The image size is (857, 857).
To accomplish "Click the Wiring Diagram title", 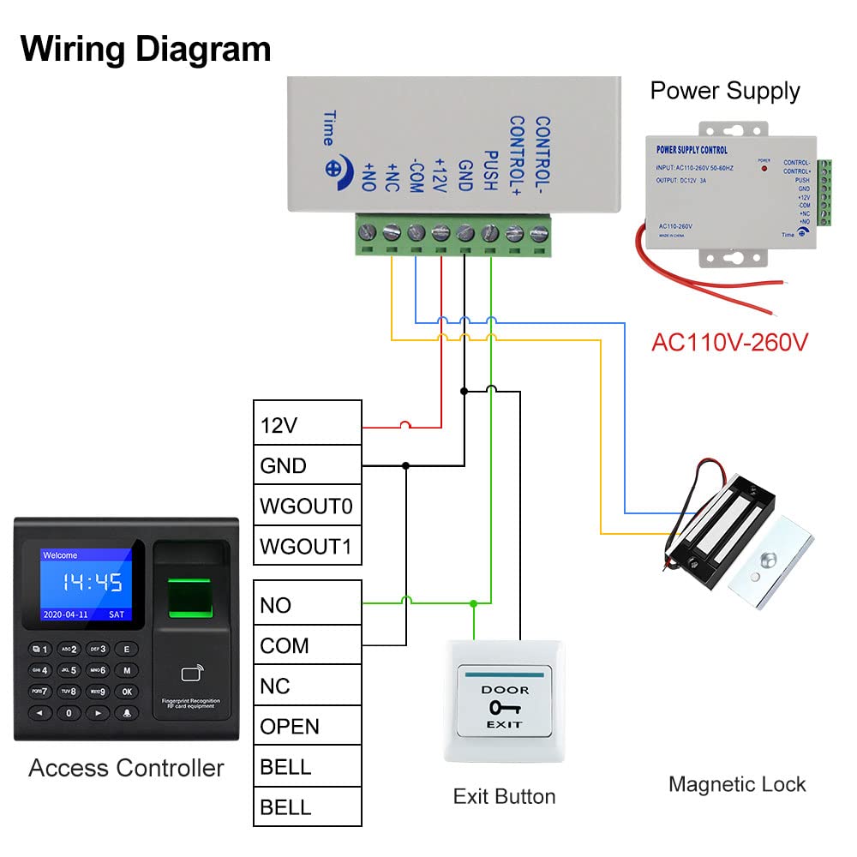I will (x=146, y=49).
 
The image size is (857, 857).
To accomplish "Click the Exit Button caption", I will (x=504, y=796).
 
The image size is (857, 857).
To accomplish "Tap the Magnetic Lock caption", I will (x=737, y=783).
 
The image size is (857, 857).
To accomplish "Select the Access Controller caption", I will (x=126, y=768).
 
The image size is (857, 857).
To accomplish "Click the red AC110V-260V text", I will (x=729, y=342).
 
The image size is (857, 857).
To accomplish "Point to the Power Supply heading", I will (x=724, y=91).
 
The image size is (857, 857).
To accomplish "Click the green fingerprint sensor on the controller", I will (x=190, y=596).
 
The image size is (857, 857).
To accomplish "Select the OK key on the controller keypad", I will (x=127, y=691).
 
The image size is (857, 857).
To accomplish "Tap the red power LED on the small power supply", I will (x=762, y=167).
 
